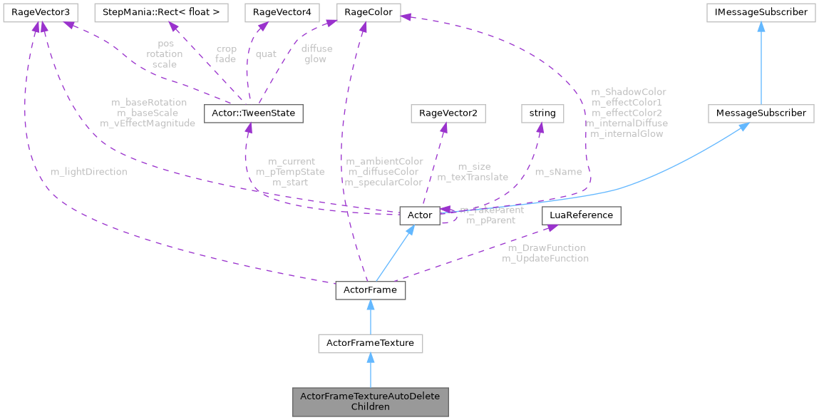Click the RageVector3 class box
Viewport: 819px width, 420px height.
click(38, 12)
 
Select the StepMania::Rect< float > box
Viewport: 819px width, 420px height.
click(163, 12)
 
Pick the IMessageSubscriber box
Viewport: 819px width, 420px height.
click(761, 12)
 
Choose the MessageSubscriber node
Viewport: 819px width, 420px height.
click(761, 113)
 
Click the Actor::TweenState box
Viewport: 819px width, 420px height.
click(254, 113)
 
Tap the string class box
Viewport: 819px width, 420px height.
click(542, 113)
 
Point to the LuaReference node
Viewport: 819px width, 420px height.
click(581, 215)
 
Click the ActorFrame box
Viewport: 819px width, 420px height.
click(370, 290)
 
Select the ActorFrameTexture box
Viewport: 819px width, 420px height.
click(370, 344)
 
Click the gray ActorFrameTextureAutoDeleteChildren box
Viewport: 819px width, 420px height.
click(370, 401)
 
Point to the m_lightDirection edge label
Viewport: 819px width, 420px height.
click(89, 172)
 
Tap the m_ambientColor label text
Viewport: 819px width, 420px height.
click(383, 161)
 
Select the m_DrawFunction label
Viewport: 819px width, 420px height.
click(546, 247)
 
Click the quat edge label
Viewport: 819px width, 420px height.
click(266, 53)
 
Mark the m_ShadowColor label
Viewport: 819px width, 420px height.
click(628, 92)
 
